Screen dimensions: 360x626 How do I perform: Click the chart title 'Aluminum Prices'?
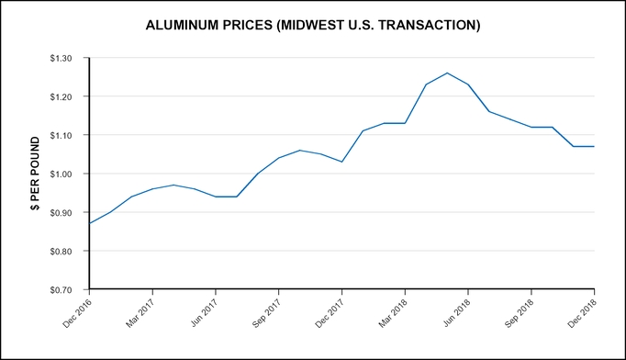pos(313,26)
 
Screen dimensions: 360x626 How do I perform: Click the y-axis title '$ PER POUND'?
pos(35,174)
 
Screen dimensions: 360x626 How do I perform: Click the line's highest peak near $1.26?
pos(447,73)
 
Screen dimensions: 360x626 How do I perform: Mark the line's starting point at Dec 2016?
pos(89,223)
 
